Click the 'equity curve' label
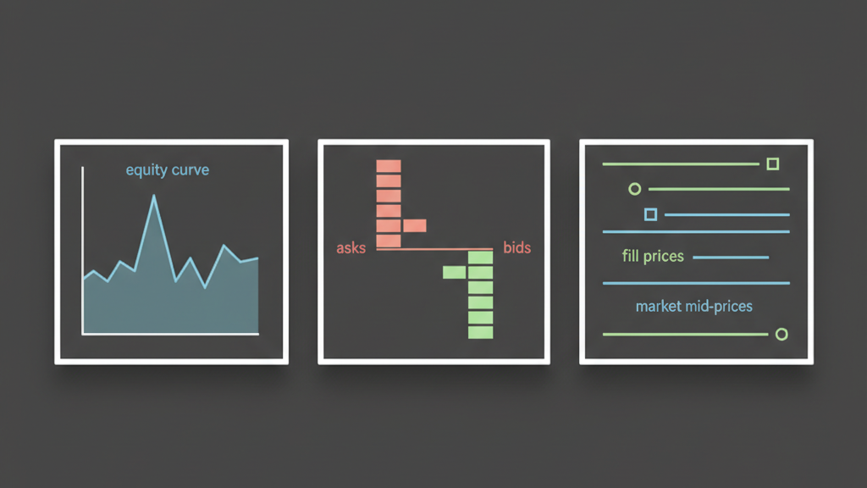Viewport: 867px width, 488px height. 167,170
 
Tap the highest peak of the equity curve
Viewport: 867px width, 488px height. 154,197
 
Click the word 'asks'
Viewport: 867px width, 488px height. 351,248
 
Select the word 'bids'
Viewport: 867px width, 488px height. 516,248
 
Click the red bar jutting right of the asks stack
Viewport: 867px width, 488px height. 415,225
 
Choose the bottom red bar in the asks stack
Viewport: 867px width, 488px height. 388,241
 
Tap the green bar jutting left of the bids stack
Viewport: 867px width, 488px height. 455,272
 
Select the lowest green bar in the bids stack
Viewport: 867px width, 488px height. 480,332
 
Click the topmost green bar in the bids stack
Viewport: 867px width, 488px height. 480,257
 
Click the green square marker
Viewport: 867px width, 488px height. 772,164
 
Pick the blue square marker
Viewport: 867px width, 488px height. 650,214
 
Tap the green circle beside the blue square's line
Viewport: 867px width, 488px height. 634,189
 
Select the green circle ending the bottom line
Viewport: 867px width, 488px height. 781,335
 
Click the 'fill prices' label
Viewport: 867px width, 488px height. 653,256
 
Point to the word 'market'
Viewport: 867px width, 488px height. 659,306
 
